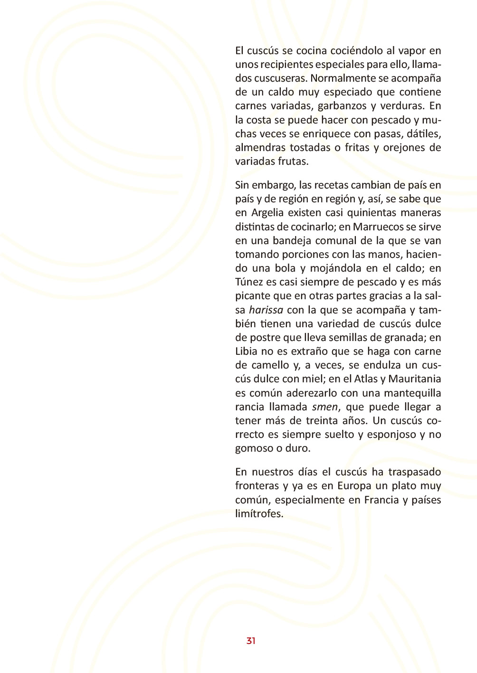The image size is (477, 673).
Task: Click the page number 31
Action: coord(251,641)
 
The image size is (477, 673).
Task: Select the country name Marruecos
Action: coord(378,227)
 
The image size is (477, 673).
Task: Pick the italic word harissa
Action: coord(266,310)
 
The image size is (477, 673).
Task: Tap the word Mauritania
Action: coord(415,379)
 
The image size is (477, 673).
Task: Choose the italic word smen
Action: coord(325,407)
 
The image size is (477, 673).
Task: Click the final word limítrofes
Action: coord(259,514)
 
